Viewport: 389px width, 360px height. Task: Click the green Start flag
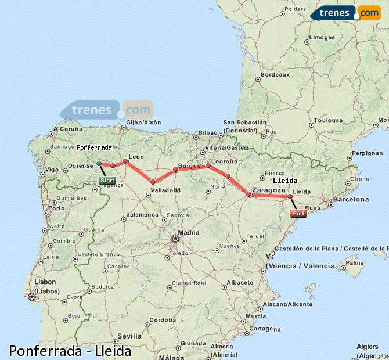(107, 181)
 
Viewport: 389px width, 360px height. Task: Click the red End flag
(298, 214)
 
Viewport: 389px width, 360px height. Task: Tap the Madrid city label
(189, 232)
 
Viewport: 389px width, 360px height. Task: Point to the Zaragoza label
(268, 189)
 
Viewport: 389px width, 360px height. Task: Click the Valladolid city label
(165, 190)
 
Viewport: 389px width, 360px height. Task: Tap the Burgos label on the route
(189, 166)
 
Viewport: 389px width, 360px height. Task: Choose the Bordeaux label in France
(275, 75)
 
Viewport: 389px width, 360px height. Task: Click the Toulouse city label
(328, 120)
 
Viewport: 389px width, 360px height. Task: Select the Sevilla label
(129, 336)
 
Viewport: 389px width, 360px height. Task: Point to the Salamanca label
(142, 214)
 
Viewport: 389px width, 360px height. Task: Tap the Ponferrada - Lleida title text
(70, 351)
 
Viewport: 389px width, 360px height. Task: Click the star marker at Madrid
(175, 238)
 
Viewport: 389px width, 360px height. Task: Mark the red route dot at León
(125, 161)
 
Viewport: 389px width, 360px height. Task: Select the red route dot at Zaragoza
(248, 195)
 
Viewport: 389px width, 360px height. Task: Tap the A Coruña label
(68, 129)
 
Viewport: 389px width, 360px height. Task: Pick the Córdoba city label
(162, 319)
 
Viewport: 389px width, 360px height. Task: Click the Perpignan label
(368, 153)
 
